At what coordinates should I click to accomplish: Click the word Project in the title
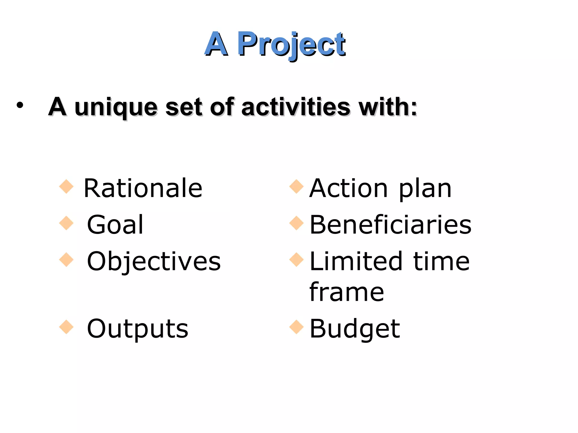[291, 45]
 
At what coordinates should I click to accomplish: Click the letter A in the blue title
[216, 45]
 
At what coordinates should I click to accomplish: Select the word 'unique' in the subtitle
[116, 108]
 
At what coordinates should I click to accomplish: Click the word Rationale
[143, 188]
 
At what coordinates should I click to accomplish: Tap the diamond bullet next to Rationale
[66, 187]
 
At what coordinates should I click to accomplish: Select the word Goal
[115, 225]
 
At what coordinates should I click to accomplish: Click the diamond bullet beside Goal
[66, 223]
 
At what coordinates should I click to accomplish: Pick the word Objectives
[154, 262]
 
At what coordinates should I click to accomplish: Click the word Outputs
[137, 329]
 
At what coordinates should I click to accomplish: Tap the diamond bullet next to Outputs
[66, 327]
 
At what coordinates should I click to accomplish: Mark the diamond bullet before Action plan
[296, 187]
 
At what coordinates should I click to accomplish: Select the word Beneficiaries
[391, 225]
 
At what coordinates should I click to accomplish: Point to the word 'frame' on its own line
[347, 292]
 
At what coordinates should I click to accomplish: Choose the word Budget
[355, 329]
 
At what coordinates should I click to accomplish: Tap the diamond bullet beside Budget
[296, 327]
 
